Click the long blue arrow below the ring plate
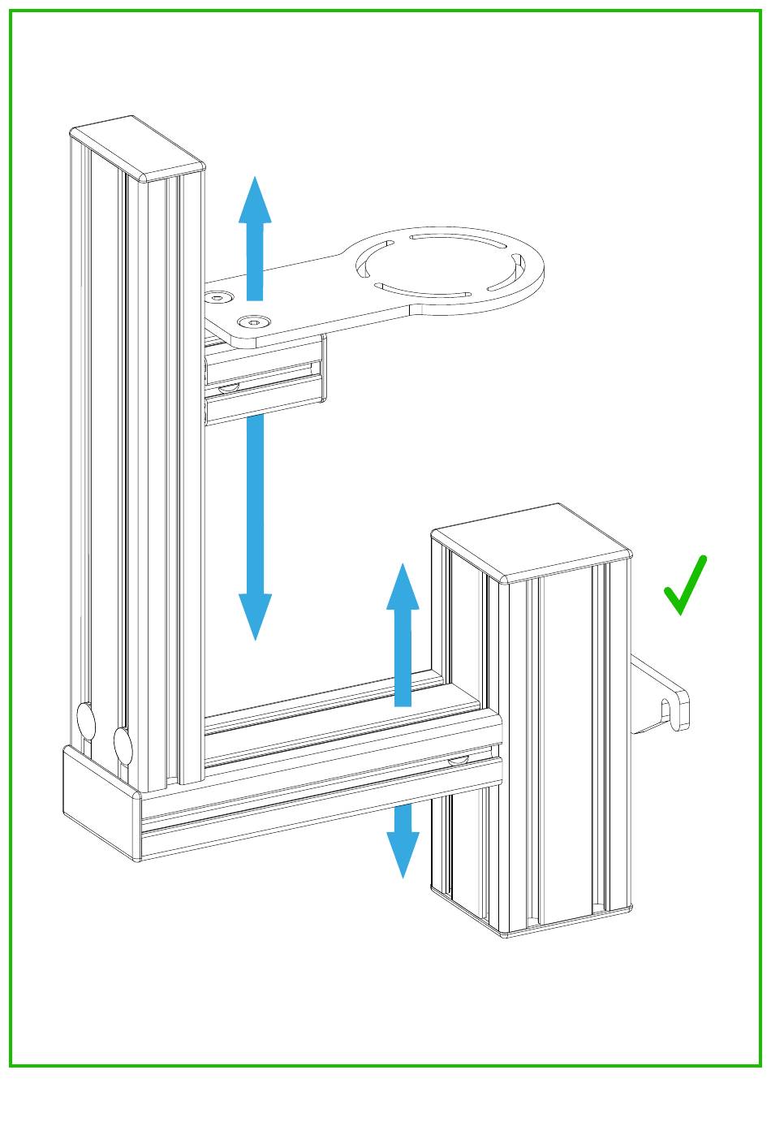point(255,520)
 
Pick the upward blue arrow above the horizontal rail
point(403,633)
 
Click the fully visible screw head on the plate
point(255,322)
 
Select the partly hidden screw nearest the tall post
point(217,298)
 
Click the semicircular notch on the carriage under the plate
point(229,388)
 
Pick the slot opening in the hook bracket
point(667,710)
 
